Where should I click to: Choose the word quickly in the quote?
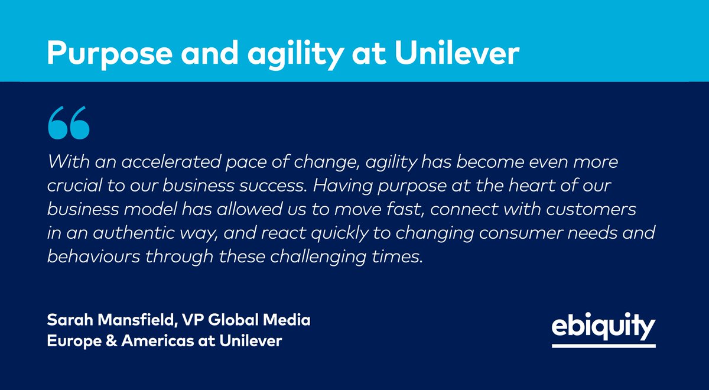click(347, 232)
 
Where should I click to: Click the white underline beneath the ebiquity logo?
click(603, 345)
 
